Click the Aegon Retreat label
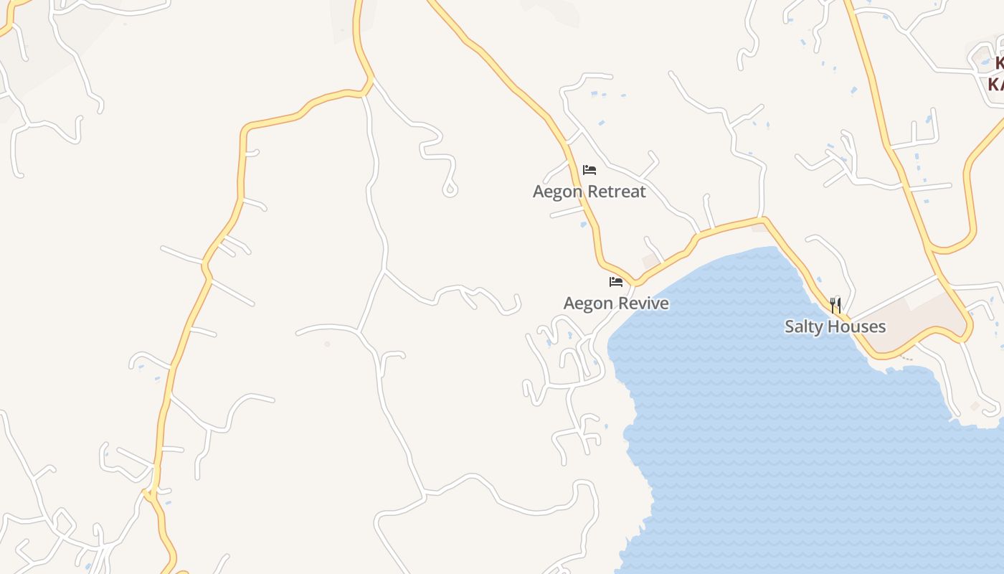[x=589, y=192]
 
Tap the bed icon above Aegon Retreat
[x=589, y=170]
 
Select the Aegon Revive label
[x=616, y=304]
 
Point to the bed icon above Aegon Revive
[x=616, y=281]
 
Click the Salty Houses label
[x=835, y=327]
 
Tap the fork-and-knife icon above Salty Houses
[x=835, y=306]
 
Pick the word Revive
[x=645, y=304]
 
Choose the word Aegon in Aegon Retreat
[x=557, y=192]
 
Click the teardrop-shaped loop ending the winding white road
[x=450, y=189]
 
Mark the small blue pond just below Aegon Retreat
[x=583, y=225]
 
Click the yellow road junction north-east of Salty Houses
[x=934, y=251]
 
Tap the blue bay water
[x=775, y=445]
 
